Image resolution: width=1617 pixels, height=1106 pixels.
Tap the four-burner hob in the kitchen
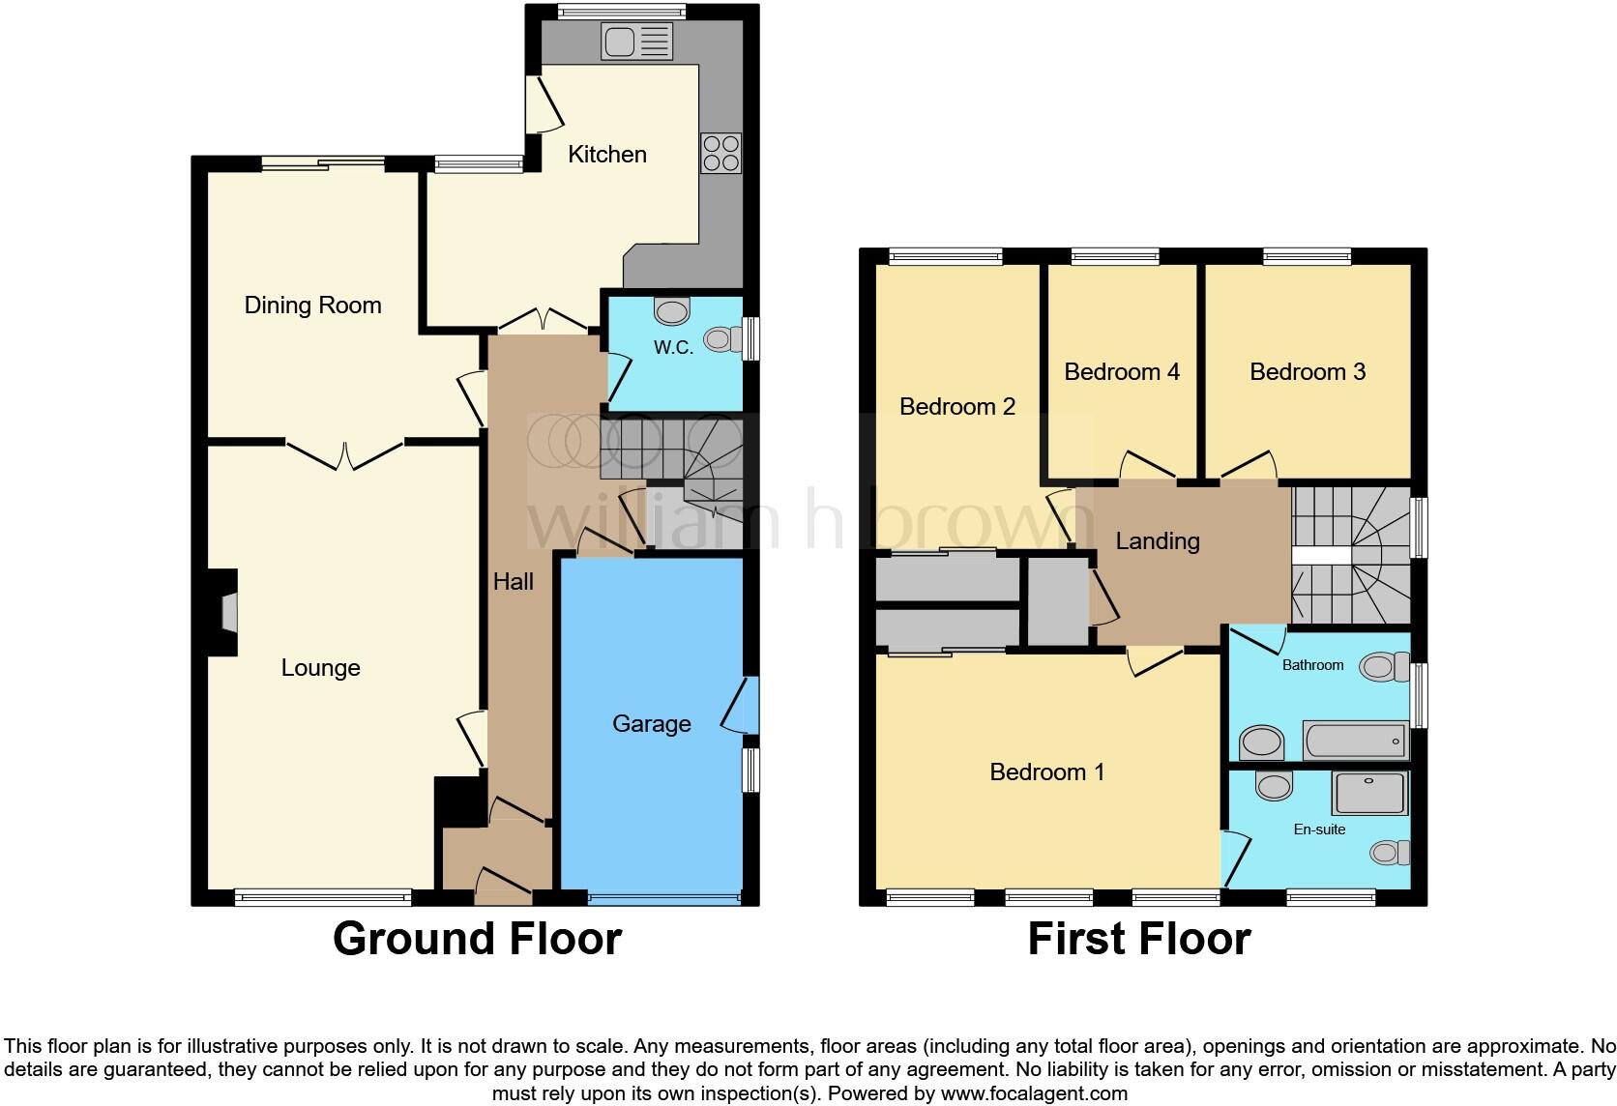coord(720,153)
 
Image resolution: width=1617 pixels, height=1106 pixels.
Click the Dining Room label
coord(312,306)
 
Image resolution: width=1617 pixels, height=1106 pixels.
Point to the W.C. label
coord(673,348)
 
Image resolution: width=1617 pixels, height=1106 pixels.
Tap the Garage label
coord(652,724)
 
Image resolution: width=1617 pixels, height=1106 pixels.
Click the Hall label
coord(514,582)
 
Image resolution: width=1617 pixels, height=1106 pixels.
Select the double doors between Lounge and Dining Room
coord(344,454)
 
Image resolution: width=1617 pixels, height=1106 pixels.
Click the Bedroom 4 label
coord(1122,372)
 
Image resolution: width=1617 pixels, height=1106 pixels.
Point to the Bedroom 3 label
coord(1308,372)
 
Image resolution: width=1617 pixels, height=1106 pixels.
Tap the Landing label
coord(1158,541)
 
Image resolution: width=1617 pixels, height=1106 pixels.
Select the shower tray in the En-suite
coord(1370,794)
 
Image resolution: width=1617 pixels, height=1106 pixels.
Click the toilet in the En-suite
coord(1390,852)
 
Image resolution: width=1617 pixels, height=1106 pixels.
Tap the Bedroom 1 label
coord(1047,772)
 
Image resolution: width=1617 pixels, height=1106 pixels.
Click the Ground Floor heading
coord(477,939)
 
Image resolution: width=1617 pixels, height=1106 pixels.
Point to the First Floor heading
coord(1139,939)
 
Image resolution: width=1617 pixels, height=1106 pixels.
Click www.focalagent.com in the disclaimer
coord(1033,1094)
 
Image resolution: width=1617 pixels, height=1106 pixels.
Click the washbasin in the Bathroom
coord(1261,743)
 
